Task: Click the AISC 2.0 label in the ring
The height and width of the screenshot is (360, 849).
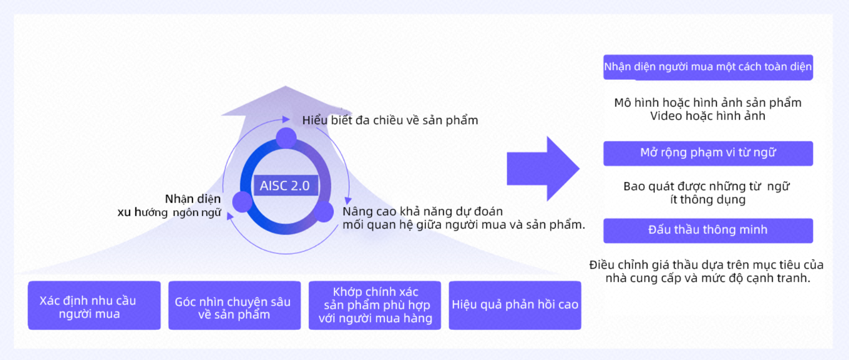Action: pos(285,185)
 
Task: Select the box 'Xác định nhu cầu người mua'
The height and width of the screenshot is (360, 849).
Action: pos(94,305)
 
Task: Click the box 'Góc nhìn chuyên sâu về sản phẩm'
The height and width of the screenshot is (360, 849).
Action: pos(234,305)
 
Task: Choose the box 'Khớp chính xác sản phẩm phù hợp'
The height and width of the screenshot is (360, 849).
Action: pos(375,305)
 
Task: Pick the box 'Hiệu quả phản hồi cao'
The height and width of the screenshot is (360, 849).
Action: pos(515,305)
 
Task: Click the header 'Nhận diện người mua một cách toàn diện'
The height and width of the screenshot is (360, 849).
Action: pos(708,67)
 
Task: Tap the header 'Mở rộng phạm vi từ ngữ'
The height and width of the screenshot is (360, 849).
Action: pos(708,153)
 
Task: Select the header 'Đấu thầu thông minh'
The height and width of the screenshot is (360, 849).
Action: pos(708,230)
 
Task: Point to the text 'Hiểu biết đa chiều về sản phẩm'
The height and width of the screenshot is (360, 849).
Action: pos(390,120)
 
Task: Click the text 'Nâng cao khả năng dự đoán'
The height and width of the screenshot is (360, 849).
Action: pos(422,211)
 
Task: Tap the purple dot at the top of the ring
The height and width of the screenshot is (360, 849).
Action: pos(286,138)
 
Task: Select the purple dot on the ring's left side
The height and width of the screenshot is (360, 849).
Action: pos(243,202)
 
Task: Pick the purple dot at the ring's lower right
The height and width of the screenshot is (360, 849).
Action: pos(324,212)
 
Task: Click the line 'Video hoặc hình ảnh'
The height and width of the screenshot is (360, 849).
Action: pos(708,116)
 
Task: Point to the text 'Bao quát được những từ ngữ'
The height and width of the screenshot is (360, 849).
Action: pos(706,186)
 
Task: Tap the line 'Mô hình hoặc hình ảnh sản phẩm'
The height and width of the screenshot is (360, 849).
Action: pos(708,103)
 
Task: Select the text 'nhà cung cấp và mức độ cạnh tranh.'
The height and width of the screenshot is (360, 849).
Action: pos(708,278)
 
